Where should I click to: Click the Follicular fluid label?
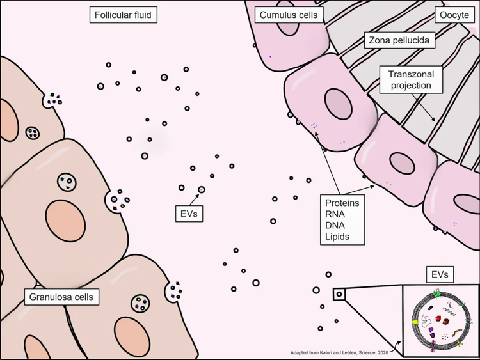(x=124, y=14)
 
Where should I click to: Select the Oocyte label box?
(x=452, y=14)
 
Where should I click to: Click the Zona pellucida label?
(x=399, y=41)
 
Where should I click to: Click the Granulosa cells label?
(x=61, y=297)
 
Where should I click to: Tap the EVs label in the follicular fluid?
(x=189, y=214)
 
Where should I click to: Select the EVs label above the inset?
(x=439, y=275)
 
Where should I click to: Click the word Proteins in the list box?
(x=342, y=203)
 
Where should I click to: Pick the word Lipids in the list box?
(x=338, y=237)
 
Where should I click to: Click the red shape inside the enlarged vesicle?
(x=439, y=317)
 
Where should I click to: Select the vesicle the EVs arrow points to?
(x=202, y=189)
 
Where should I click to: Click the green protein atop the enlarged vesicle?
(x=437, y=293)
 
